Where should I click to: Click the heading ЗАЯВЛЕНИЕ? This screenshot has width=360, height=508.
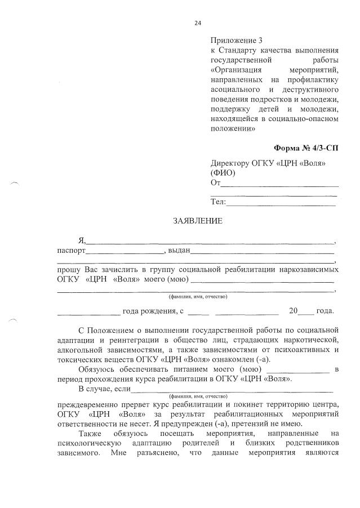[x=197, y=221]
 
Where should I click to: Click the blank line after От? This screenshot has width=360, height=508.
[x=279, y=185]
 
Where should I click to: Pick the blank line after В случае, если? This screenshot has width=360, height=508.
[x=232, y=391]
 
